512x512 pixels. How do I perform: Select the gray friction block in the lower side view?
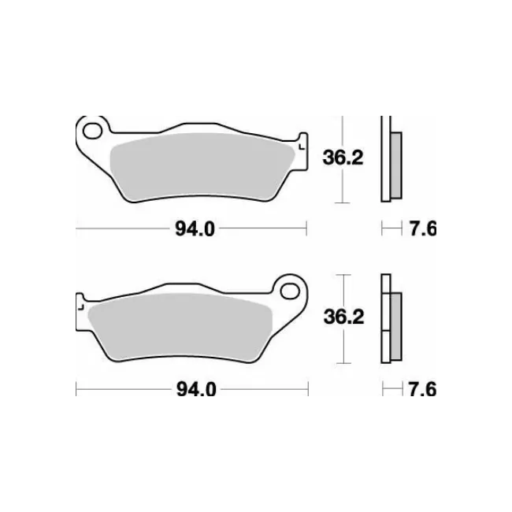(395, 323)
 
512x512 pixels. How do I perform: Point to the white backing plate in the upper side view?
(385, 158)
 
